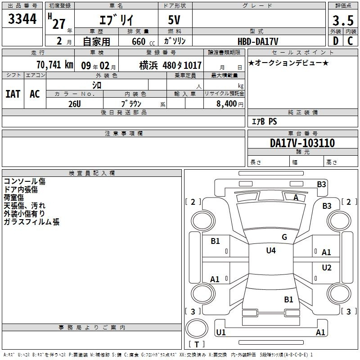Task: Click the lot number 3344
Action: click(x=22, y=18)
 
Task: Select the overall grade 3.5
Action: click(x=343, y=20)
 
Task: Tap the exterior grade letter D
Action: click(x=336, y=41)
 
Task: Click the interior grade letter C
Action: click(x=350, y=41)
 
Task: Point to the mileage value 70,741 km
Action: click(x=55, y=65)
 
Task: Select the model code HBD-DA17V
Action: click(x=258, y=41)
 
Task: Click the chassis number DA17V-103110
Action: click(x=302, y=143)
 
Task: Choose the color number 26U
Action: click(x=75, y=104)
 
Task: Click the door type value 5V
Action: click(x=174, y=20)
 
